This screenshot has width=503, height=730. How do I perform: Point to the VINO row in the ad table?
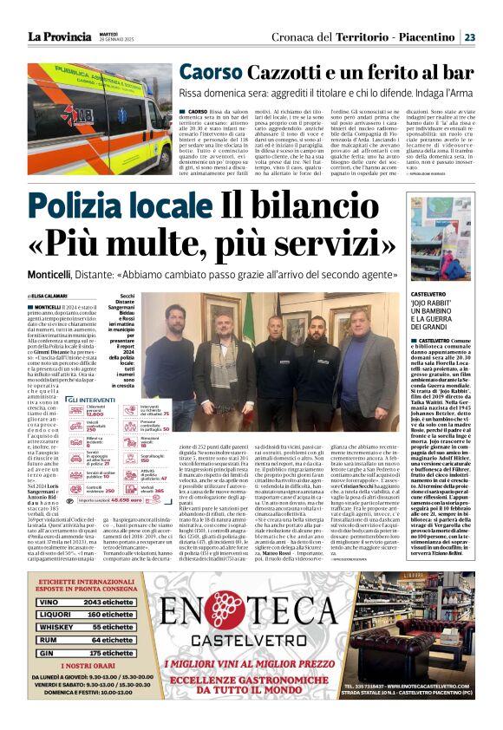pyautogui.click(x=93, y=578)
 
